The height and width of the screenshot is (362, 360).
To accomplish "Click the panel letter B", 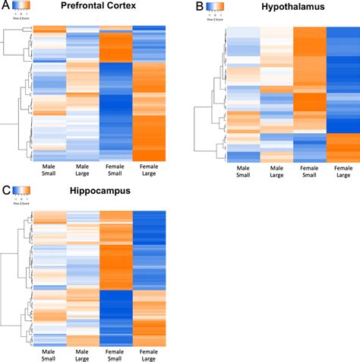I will click(x=201, y=7).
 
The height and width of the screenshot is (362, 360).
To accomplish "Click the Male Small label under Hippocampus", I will click(x=49, y=351).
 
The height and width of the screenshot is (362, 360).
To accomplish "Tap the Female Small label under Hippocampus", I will click(x=115, y=351).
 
